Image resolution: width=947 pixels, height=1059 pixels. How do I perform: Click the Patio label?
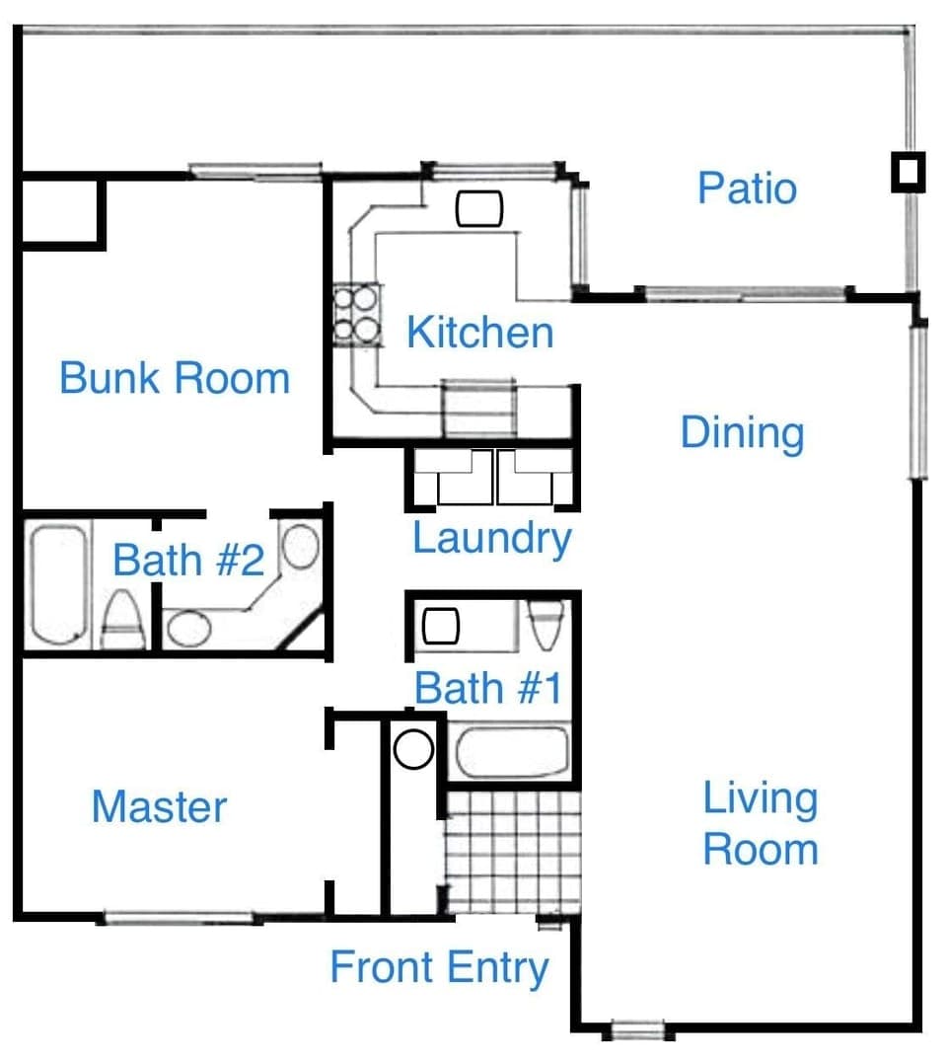[x=747, y=188]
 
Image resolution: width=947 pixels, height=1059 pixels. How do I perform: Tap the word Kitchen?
[x=479, y=333]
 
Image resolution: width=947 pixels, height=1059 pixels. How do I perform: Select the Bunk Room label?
[x=175, y=378]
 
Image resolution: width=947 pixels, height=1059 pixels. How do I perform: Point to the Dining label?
[x=742, y=432]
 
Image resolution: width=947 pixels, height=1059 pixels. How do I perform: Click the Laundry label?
[x=491, y=539]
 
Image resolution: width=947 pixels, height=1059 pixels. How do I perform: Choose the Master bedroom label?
[x=159, y=806]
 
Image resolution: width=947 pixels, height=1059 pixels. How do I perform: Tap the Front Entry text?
[x=438, y=967]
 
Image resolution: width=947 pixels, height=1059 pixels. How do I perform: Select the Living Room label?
[x=760, y=824]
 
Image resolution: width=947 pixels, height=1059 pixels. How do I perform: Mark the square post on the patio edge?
[x=908, y=173]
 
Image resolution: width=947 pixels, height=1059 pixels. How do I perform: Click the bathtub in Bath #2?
[x=57, y=584]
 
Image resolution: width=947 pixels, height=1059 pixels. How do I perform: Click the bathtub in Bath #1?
[x=512, y=753]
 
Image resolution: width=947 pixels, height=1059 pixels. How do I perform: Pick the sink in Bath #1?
[x=441, y=626]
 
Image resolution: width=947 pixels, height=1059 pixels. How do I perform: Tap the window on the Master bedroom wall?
[x=178, y=919]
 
